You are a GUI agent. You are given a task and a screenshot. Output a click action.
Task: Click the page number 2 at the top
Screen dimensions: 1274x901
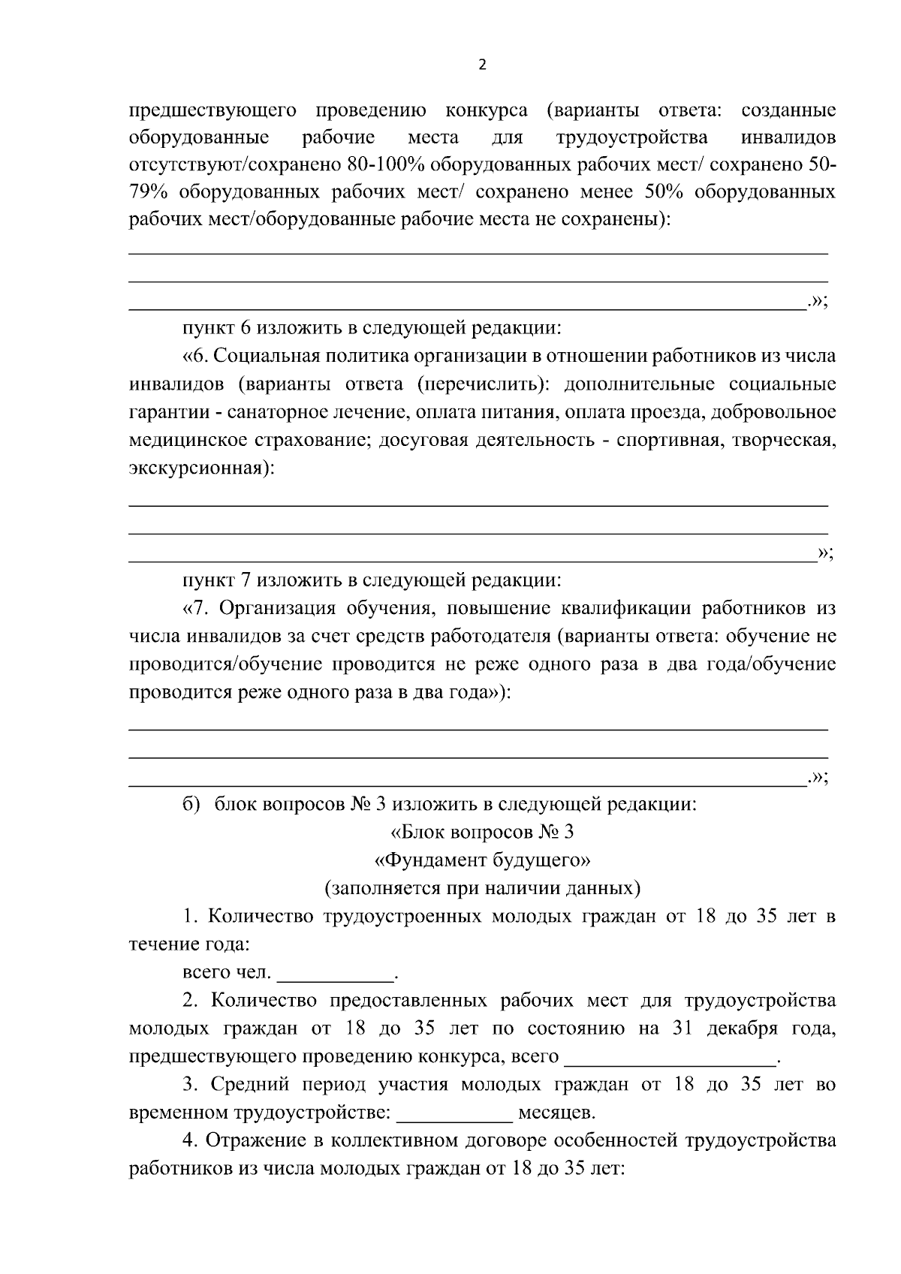[x=482, y=65]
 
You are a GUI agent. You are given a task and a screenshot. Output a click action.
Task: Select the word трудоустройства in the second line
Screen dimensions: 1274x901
[x=631, y=138]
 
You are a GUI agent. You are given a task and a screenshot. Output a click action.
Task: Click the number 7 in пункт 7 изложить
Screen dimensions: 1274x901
[x=246, y=580]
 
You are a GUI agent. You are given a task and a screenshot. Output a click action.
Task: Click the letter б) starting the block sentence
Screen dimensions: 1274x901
[x=191, y=804]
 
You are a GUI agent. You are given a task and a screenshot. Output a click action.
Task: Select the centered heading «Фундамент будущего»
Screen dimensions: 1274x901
[x=482, y=860]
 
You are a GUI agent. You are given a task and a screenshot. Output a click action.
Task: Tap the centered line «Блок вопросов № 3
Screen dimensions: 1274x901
[x=482, y=833]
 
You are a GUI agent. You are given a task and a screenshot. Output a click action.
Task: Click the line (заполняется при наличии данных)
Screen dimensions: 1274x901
[x=482, y=889]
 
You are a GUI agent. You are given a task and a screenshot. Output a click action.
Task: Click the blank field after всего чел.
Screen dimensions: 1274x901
[x=336, y=974]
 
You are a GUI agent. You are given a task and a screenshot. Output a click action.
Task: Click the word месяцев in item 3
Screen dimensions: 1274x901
[x=556, y=1113]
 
